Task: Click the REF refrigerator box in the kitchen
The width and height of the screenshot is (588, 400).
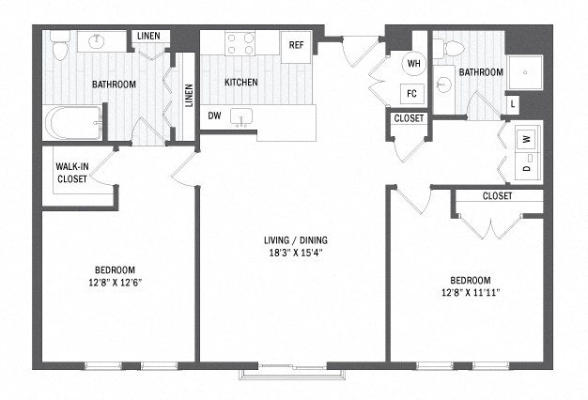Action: coord(296,47)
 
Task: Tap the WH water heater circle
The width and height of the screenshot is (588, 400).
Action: coord(413,63)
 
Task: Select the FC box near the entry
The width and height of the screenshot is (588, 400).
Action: coord(411,93)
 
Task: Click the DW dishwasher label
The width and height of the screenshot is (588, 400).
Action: coord(214,115)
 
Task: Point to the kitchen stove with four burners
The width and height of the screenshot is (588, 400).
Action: coord(240,43)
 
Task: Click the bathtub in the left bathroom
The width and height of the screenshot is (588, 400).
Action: coord(74,123)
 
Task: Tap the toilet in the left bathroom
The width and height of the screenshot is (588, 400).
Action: coord(60,45)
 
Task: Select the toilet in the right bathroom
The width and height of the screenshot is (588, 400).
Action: coord(449,49)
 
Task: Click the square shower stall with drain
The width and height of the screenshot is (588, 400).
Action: coord(525,72)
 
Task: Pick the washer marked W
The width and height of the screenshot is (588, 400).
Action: coord(528,139)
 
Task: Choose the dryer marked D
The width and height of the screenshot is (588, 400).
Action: coord(528,166)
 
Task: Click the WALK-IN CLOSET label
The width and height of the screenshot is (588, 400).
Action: coord(72,173)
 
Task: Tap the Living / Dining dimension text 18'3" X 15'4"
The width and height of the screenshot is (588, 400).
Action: coord(296,253)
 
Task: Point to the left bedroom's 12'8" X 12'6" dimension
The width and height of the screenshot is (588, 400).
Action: coord(115,283)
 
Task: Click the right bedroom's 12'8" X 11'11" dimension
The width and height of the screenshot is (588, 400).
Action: coord(471,292)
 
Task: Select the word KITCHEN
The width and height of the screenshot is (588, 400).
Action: coord(241,82)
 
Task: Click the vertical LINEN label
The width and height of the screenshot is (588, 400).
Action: coord(189,95)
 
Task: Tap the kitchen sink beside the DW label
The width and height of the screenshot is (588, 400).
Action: coord(241,118)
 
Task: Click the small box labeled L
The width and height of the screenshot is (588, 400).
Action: coord(513,105)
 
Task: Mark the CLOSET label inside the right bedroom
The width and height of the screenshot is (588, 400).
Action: coord(497,195)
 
